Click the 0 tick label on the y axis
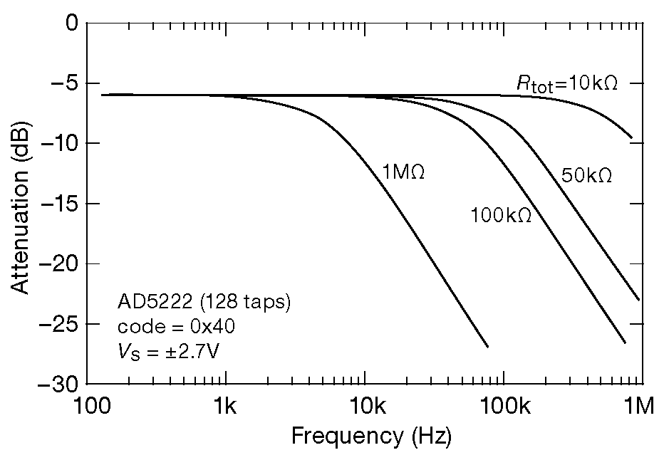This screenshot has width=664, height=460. click(x=69, y=23)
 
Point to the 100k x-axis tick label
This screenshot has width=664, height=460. click(x=504, y=407)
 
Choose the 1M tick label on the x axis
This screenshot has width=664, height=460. click(x=639, y=407)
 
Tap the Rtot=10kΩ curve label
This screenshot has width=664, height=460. click(x=566, y=83)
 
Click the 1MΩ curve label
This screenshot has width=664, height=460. click(x=403, y=173)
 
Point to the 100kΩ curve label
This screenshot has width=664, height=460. click(x=501, y=215)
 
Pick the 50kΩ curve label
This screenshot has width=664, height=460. click(x=586, y=176)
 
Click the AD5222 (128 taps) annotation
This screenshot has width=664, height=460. click(x=204, y=303)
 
